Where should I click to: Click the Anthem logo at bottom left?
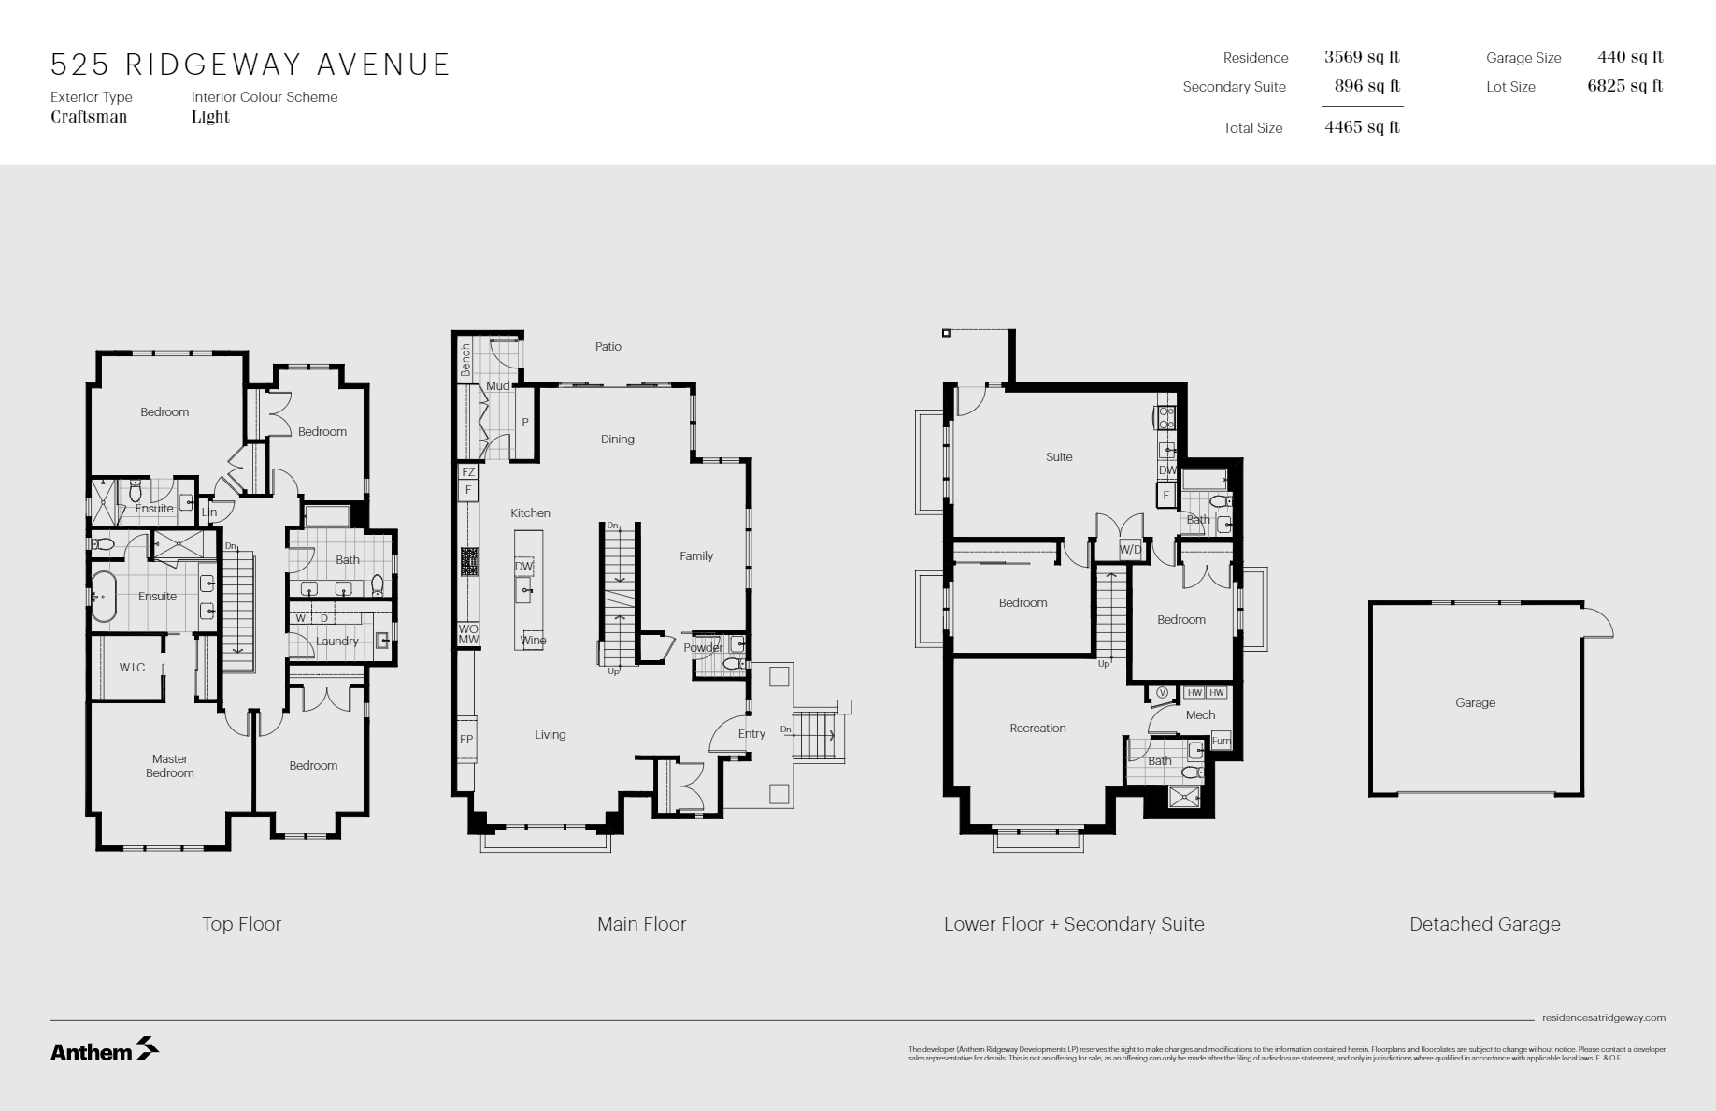[104, 1050]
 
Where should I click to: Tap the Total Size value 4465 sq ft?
[1362, 127]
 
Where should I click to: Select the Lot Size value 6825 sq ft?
[1624, 86]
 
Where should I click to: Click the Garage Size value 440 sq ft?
[1629, 57]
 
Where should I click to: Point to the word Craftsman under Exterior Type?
[89, 117]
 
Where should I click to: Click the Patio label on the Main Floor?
[608, 347]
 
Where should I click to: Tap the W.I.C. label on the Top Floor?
[133, 668]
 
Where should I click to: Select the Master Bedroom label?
[170, 766]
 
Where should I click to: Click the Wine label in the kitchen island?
[533, 641]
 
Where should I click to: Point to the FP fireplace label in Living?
[466, 740]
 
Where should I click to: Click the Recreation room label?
[1037, 729]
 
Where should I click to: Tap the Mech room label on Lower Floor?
[1200, 715]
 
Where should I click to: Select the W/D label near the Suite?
[1130, 550]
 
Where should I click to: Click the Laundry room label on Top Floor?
[336, 642]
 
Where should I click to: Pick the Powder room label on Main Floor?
[702, 648]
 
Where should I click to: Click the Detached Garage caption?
[1484, 924]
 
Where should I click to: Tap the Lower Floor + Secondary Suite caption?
[1073, 924]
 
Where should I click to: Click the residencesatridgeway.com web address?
[1603, 1017]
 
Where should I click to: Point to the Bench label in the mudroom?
[465, 360]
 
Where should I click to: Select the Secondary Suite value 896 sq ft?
[1366, 86]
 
